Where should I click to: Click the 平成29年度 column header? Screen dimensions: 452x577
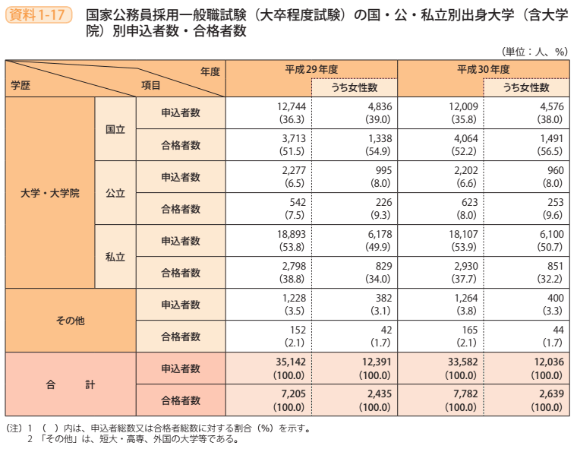tap(311, 68)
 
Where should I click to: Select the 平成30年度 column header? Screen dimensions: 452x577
tap(483, 68)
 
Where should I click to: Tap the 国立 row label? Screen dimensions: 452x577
tap(115, 129)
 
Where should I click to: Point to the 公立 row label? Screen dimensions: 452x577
tap(115, 193)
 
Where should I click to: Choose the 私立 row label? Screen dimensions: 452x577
tap(115, 256)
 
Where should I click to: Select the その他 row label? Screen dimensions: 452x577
tap(70, 320)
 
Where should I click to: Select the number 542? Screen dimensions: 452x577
tap(295, 202)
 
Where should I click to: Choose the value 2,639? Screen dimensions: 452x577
tap(550, 394)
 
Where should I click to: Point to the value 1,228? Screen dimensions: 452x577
tap(292, 298)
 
